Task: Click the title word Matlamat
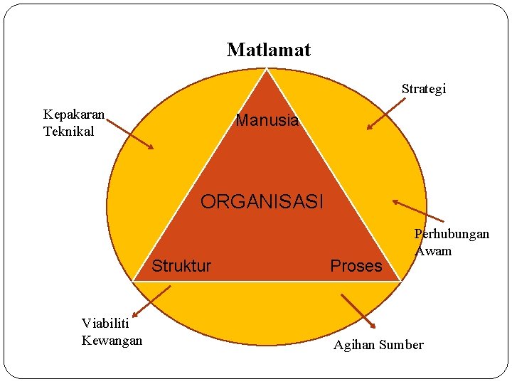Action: [x=268, y=50]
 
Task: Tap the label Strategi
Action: [x=423, y=89]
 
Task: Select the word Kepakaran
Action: [x=74, y=114]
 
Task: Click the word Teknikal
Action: [x=69, y=131]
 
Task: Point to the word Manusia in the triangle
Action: [x=267, y=120]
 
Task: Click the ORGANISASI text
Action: [x=262, y=202]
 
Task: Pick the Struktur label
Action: [x=181, y=266]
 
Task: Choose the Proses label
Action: [x=356, y=266]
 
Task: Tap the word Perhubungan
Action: [x=452, y=234]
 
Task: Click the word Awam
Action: [x=434, y=250]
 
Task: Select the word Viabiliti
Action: [x=107, y=324]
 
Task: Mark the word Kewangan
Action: [x=112, y=341]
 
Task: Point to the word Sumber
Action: [x=401, y=345]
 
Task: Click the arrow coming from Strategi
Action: [x=386, y=114]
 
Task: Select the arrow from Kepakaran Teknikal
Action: [x=129, y=133]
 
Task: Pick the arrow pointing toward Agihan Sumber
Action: [x=358, y=311]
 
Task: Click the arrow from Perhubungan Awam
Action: [x=418, y=211]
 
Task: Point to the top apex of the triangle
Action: [x=267, y=69]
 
